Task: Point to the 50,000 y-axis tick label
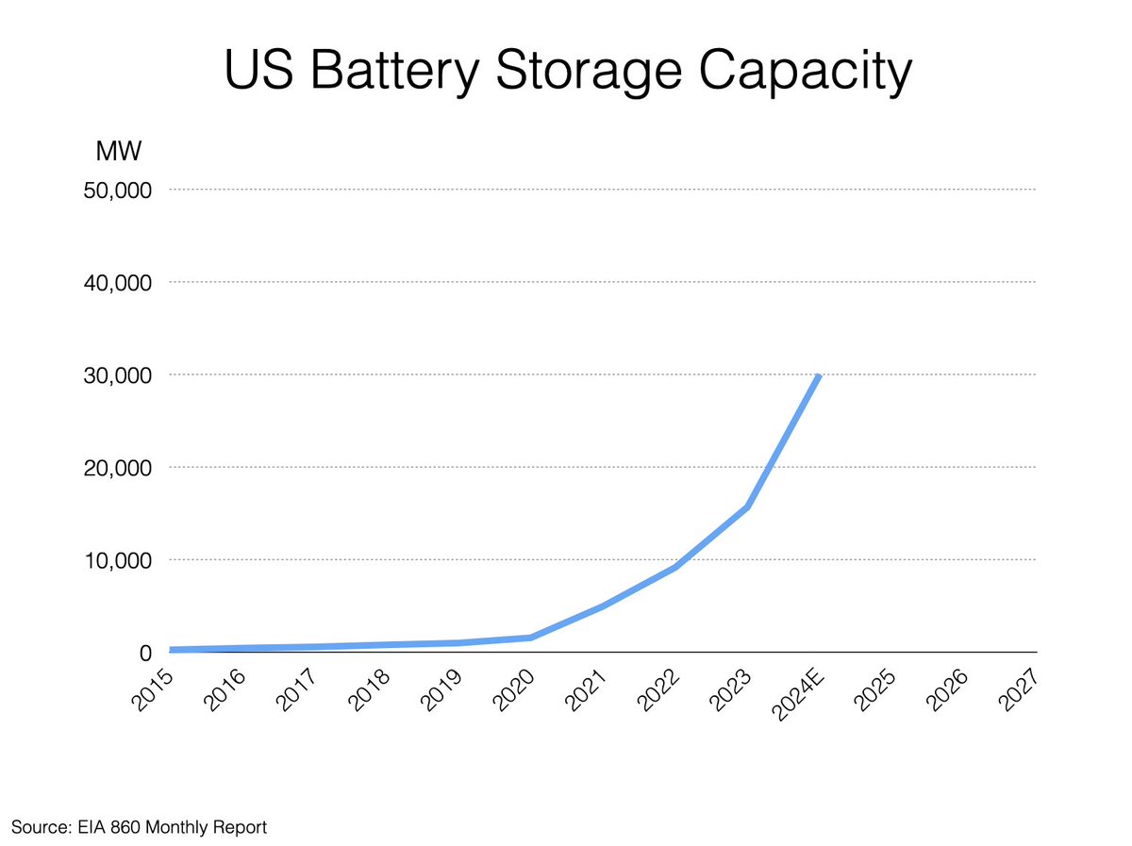[121, 190]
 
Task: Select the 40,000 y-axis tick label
[121, 282]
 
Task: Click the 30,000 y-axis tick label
[121, 375]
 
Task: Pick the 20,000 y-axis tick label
[121, 468]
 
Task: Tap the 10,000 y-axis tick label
[121, 560]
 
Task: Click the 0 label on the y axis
[145, 653]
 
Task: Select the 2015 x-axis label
[151, 691]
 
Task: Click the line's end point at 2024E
[820, 375]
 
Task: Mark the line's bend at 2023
[747, 507]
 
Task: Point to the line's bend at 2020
[531, 638]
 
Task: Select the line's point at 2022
[675, 566]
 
